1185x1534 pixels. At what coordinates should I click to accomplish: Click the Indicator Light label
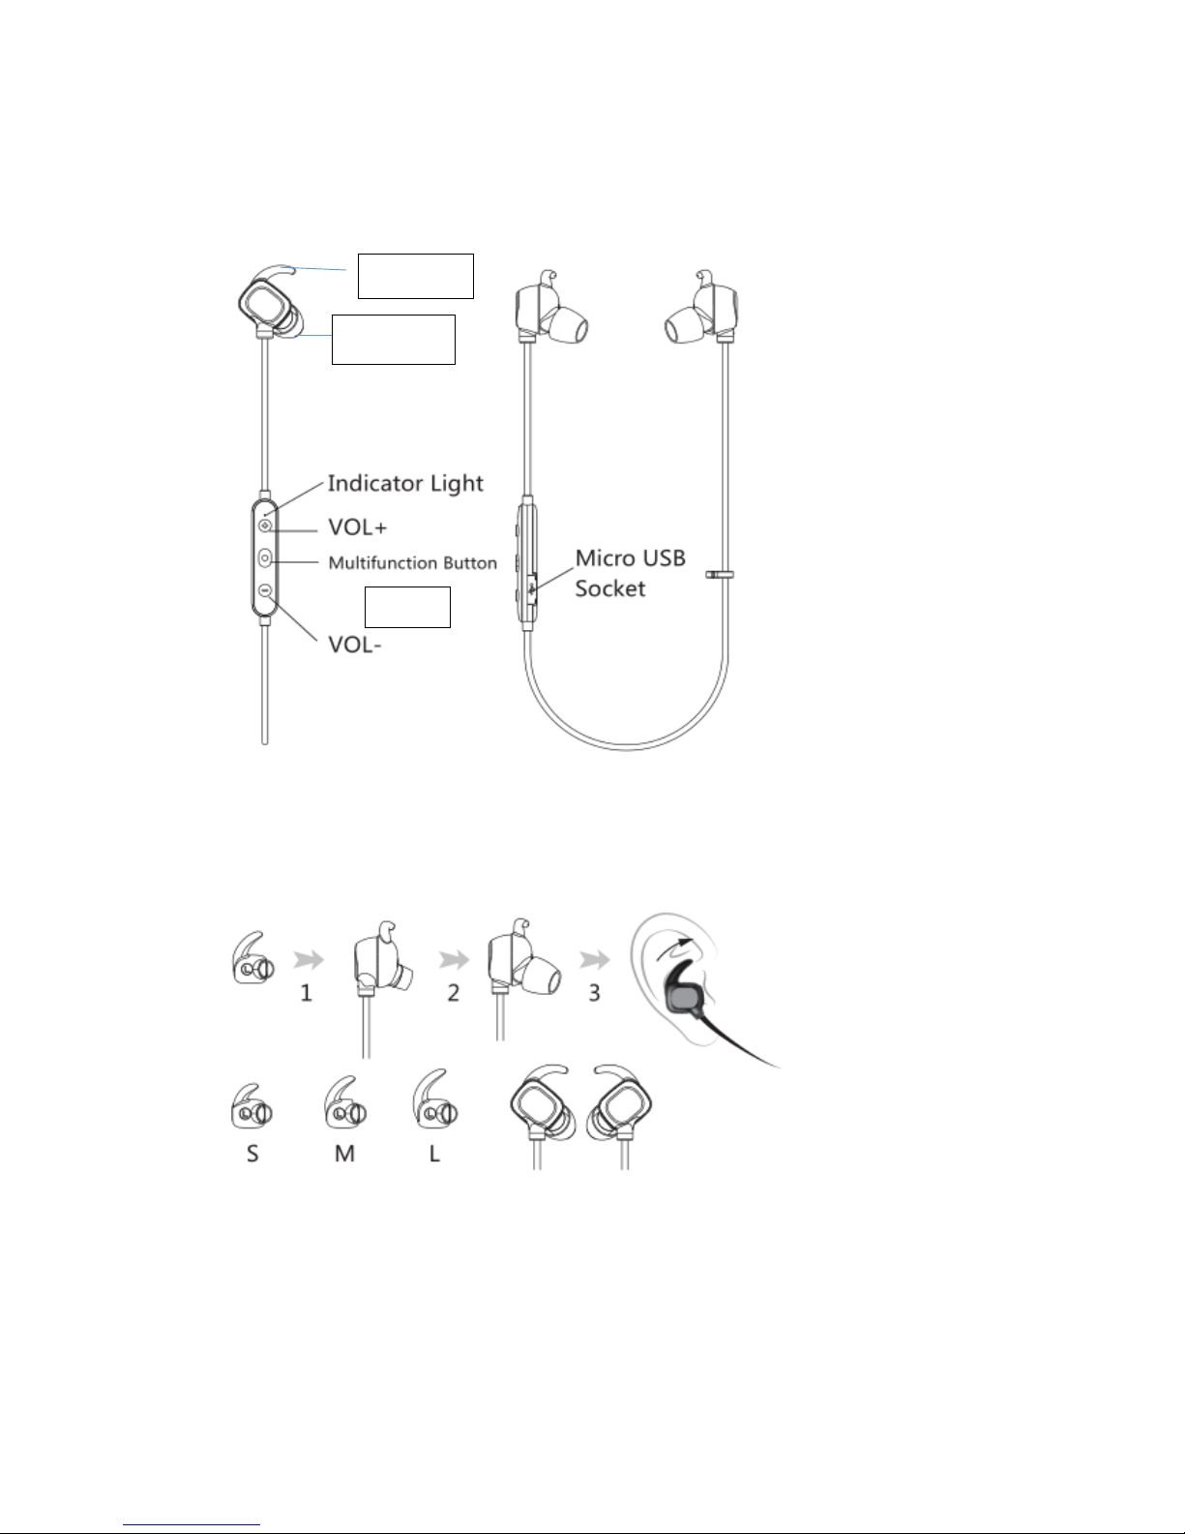click(405, 483)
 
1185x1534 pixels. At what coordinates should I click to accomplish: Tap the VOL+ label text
click(358, 527)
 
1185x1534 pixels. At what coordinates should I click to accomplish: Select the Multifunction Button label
click(412, 563)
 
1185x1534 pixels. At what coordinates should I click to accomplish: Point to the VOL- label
click(355, 645)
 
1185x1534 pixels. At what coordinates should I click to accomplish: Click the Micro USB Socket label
click(630, 573)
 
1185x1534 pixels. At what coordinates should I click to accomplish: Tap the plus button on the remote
click(264, 526)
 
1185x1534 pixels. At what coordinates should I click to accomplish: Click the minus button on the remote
click(264, 590)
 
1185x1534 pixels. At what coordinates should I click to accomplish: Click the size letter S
click(252, 1154)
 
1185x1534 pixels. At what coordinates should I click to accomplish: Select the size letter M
click(344, 1154)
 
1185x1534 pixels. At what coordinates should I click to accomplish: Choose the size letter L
click(434, 1154)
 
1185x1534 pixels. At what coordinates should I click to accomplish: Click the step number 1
click(306, 993)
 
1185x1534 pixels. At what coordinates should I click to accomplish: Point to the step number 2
click(453, 993)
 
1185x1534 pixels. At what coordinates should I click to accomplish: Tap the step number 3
click(594, 993)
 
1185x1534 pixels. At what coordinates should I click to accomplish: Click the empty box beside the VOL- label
click(407, 607)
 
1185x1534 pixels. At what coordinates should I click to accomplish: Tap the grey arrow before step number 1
click(309, 959)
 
